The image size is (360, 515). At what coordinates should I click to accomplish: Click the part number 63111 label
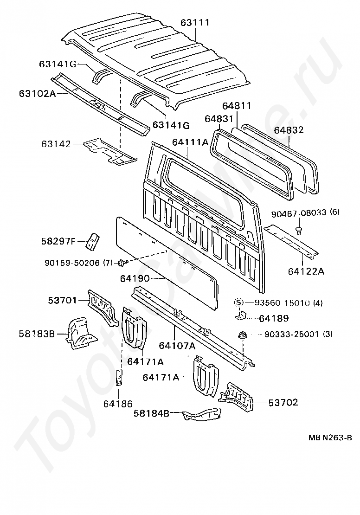click(x=194, y=22)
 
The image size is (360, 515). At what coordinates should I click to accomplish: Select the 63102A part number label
click(x=37, y=93)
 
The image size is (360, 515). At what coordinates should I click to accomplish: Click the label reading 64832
click(x=288, y=130)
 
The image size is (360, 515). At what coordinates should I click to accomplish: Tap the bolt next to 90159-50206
click(x=122, y=263)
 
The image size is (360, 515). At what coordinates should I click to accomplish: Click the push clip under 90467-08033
click(x=300, y=230)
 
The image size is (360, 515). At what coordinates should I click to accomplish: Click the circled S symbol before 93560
click(x=239, y=303)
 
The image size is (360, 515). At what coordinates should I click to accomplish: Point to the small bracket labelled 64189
click(x=240, y=315)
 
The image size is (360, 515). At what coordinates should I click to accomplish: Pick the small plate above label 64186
click(x=119, y=378)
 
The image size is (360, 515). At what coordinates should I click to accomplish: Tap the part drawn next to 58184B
click(x=201, y=414)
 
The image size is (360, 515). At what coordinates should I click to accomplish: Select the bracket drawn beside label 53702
click(x=237, y=396)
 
